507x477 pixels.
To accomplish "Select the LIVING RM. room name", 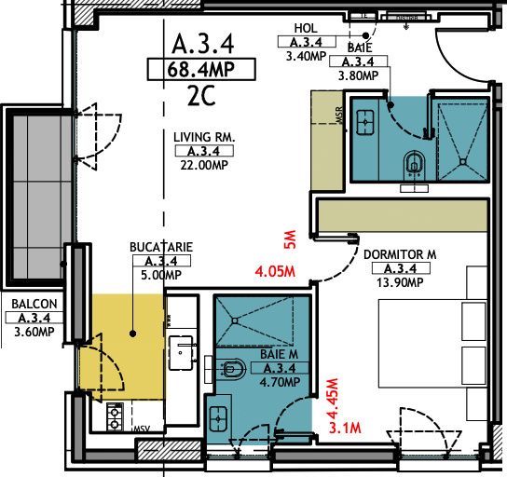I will click(x=204, y=137).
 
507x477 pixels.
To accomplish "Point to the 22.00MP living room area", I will click(x=204, y=165).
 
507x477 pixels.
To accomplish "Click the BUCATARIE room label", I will click(x=161, y=248).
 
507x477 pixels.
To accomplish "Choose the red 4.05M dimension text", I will click(x=275, y=273).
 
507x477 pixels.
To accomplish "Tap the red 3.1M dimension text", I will click(x=347, y=428).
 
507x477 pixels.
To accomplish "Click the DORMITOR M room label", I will click(x=401, y=253).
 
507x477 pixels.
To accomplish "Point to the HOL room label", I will click(x=306, y=29).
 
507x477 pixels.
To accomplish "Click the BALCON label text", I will click(x=34, y=304).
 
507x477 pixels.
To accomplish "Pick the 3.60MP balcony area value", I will click(x=34, y=332).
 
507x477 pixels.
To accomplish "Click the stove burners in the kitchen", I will click(x=116, y=416).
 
